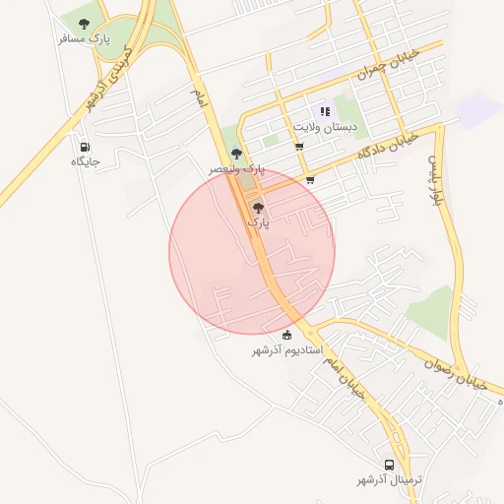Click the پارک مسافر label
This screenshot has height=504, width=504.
coord(83,38)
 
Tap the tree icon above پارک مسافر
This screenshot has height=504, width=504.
coord(83,23)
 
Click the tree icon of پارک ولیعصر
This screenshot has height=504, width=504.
coord(235,154)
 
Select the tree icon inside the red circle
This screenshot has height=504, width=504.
coord(258,208)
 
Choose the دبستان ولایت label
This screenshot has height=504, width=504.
coord(324,128)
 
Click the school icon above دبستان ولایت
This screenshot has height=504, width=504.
coord(324,112)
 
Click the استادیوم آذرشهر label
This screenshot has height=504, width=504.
coord(286,350)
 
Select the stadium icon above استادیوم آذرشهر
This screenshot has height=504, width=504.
coord(286,335)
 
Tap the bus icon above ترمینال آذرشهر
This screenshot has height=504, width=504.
coord(389,465)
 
